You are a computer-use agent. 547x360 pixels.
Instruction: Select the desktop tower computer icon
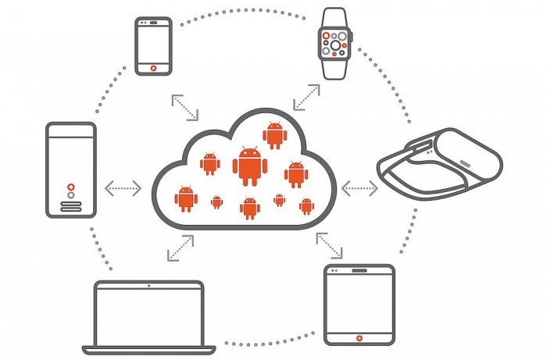tap(71, 169)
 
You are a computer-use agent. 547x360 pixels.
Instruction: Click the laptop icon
tap(148, 315)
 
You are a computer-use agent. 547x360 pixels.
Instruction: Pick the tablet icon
tap(359, 305)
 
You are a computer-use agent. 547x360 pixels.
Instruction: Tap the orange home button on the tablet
tap(359, 338)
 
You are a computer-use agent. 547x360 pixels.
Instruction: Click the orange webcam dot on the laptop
tap(148, 285)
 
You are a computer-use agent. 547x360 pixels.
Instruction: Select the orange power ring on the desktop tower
tap(71, 187)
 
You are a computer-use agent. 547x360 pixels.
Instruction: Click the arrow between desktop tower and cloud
tap(123, 187)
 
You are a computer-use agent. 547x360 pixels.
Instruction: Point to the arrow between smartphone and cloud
tap(185, 108)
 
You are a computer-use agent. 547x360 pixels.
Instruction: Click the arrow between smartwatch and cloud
tap(306, 96)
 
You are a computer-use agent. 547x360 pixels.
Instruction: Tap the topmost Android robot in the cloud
tap(274, 134)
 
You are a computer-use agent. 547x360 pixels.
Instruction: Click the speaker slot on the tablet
tap(359, 272)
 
